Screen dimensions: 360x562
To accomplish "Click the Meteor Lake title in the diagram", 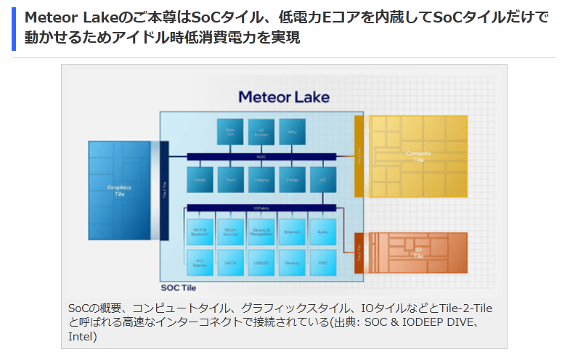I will (284, 97).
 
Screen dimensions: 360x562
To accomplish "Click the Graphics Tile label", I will (119, 190).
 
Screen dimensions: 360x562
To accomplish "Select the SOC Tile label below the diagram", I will (179, 287).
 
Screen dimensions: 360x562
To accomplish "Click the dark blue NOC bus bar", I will (261, 156).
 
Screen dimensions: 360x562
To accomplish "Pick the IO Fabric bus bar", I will (261, 208).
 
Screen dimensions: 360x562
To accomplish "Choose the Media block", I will (200, 179).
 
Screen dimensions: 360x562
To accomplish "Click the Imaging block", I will (261, 179).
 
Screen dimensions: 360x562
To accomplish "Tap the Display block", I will (292, 179).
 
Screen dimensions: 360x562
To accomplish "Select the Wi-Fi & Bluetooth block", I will (200, 232).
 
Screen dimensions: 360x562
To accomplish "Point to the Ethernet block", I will (292, 232).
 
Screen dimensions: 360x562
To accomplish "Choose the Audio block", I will (322, 232).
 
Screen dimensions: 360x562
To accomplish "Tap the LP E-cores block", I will (261, 131).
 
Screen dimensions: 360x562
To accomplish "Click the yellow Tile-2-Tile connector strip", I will (359, 155).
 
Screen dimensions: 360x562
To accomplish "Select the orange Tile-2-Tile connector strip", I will (359, 253).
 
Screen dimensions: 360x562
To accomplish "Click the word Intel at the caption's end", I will (82, 337).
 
